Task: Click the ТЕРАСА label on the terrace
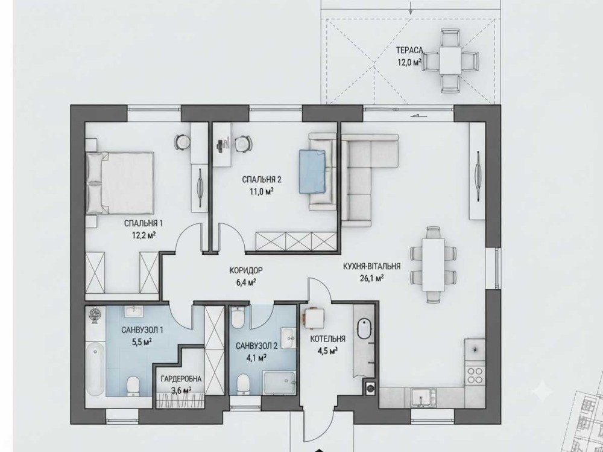(409, 50)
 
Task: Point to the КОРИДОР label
(246, 271)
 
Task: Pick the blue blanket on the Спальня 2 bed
(312, 171)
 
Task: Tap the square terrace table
(450, 60)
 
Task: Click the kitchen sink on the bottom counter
(423, 397)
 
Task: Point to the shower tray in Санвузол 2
(280, 383)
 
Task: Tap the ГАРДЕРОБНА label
(181, 379)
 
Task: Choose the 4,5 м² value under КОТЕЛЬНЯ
(326, 351)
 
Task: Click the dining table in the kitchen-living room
(434, 265)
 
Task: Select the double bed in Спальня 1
(121, 183)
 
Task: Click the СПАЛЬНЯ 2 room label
(262, 180)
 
